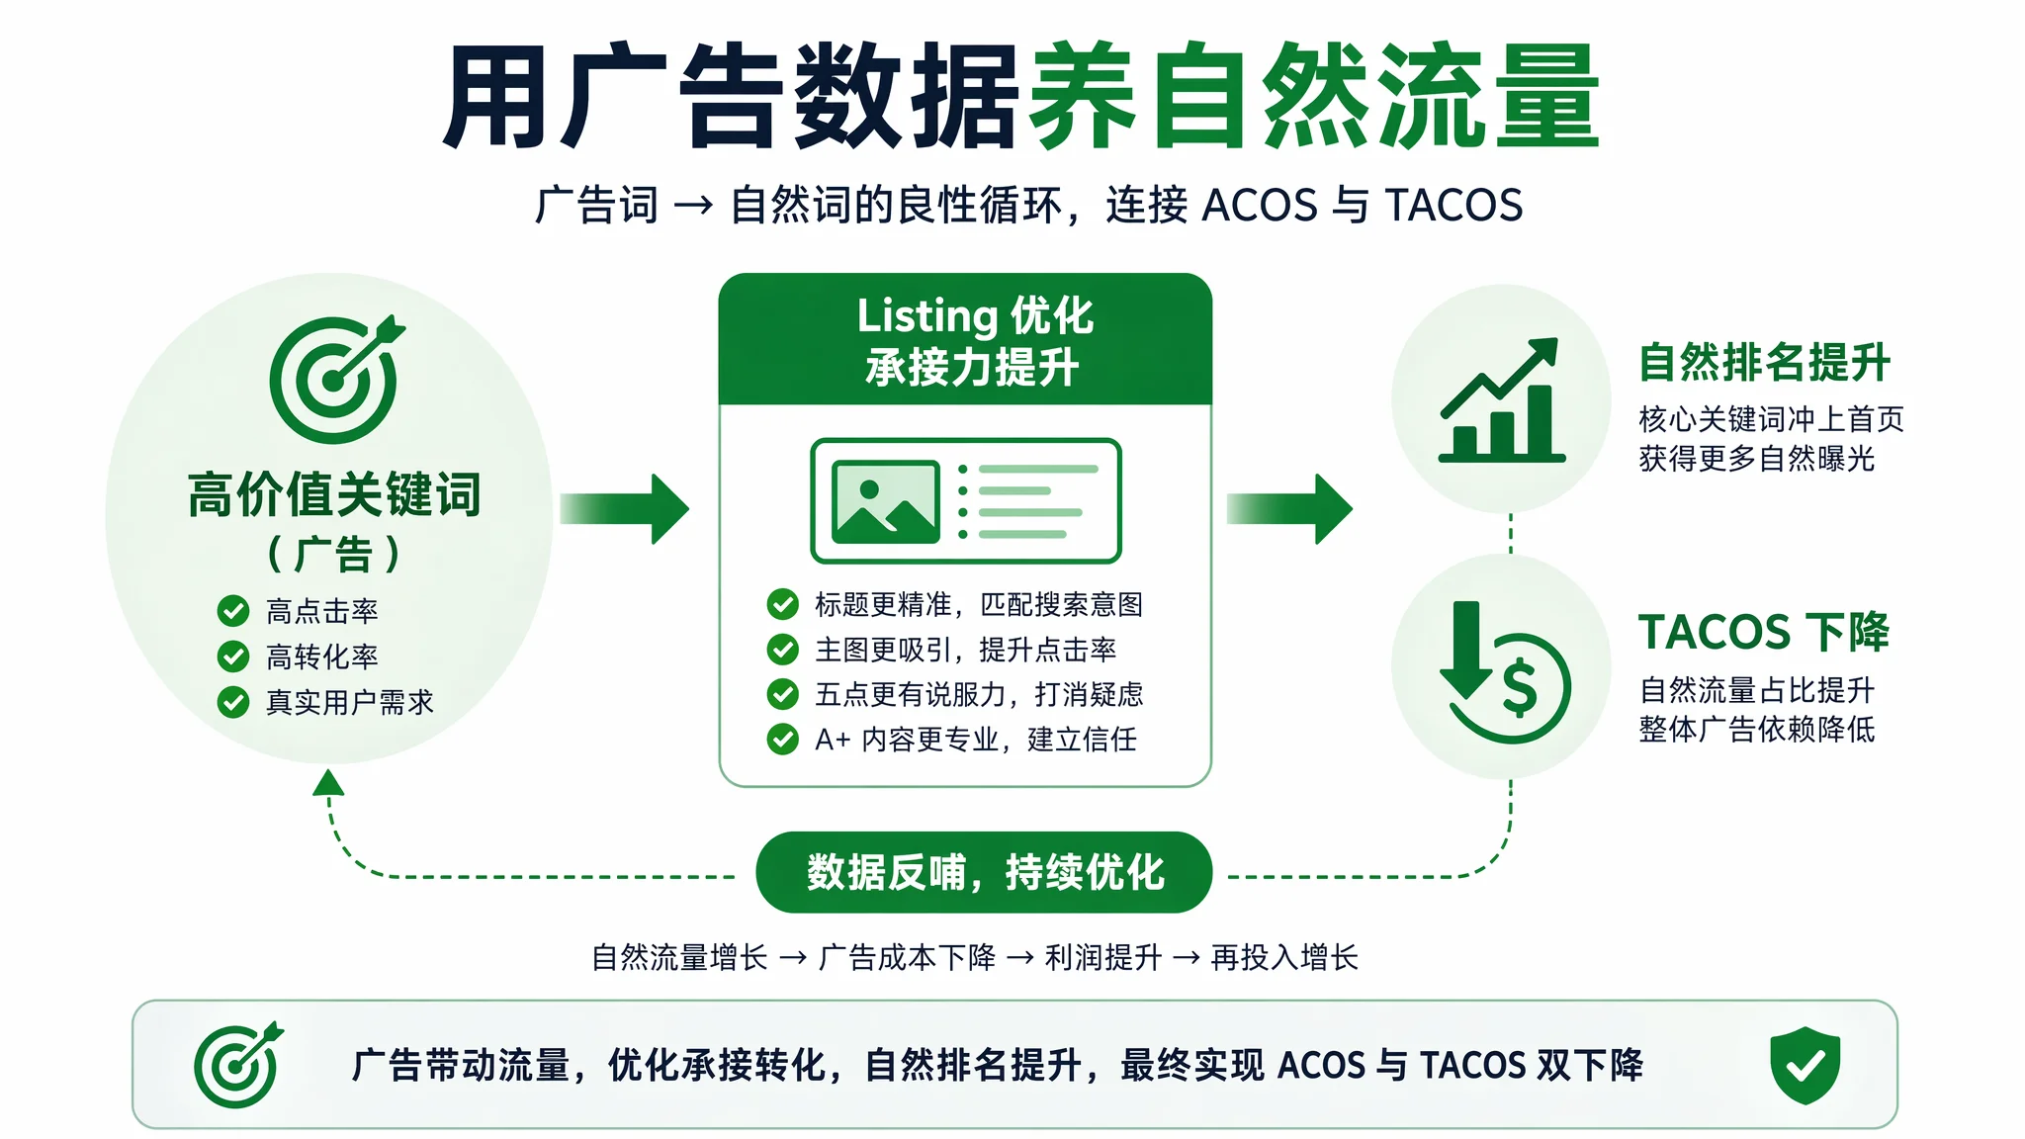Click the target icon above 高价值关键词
[x=334, y=380]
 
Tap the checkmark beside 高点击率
[x=233, y=611]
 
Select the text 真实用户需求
[x=350, y=702]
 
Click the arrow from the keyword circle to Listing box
[x=624, y=508]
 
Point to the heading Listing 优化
[x=975, y=316]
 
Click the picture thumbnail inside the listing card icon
[x=886, y=501]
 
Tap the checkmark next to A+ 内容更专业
[x=783, y=739]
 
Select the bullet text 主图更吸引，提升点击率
[x=965, y=650]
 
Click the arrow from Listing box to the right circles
[x=1289, y=508]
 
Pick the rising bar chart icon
[x=1501, y=400]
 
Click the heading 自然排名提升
[x=1764, y=362]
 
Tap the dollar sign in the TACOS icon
[x=1520, y=687]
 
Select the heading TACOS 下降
[x=1764, y=633]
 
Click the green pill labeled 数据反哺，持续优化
[x=984, y=872]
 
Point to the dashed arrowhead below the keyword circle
[x=328, y=783]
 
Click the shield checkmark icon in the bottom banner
[x=1805, y=1065]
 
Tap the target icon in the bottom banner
[x=238, y=1065]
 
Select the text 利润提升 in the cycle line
[x=1103, y=957]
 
